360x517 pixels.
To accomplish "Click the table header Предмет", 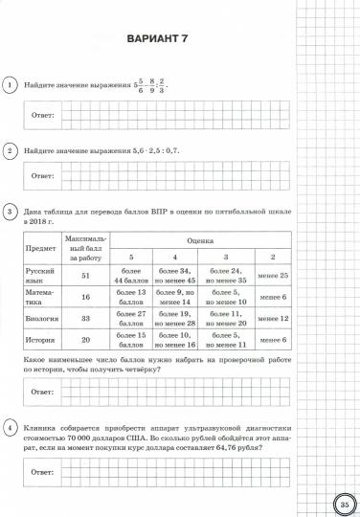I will coord(39,247).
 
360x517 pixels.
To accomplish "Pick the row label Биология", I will coord(39,318).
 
